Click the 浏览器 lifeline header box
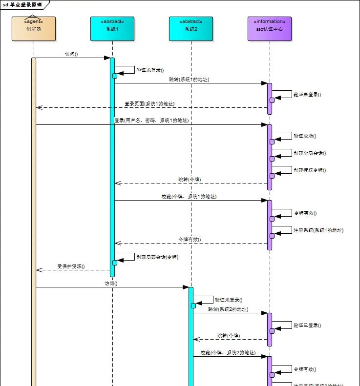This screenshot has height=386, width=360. (x=34, y=29)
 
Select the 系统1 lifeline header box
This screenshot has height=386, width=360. (x=112, y=29)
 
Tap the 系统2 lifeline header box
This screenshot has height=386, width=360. (x=191, y=29)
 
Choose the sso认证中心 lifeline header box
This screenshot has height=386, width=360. (x=269, y=29)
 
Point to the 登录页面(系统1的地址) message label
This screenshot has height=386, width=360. (x=149, y=104)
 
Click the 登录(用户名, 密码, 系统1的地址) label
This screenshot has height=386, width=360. (x=151, y=120)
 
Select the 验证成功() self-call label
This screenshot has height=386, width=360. (x=305, y=136)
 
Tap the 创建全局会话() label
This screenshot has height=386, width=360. (x=310, y=153)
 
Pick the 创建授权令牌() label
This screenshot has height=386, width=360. (x=310, y=170)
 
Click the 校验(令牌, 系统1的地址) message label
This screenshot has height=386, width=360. (x=189, y=196)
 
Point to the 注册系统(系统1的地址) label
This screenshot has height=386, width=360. (x=318, y=230)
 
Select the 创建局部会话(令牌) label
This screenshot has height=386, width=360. (x=156, y=256)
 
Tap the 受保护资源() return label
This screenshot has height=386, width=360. (x=71, y=266)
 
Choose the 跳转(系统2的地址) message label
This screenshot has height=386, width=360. (x=228, y=309)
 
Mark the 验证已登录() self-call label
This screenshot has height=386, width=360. (x=307, y=325)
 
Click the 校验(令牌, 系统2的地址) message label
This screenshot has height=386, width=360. (x=228, y=352)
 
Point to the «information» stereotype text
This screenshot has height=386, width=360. (x=269, y=21)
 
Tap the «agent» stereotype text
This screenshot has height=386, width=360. (x=34, y=21)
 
